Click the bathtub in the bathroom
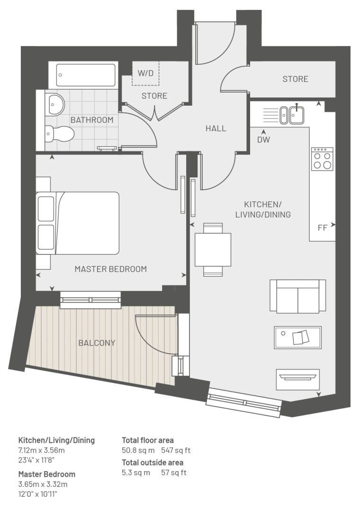(86, 75)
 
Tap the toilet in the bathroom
(59, 133)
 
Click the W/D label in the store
(145, 73)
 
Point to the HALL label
(216, 128)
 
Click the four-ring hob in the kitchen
(322, 159)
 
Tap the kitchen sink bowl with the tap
(297, 115)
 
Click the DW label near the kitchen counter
(263, 140)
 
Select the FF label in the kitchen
(322, 228)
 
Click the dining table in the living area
(213, 250)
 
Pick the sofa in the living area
(298, 296)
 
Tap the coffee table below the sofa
(297, 338)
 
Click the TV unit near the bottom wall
(297, 379)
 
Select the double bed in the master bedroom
(78, 223)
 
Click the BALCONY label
(97, 343)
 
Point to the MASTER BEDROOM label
(110, 269)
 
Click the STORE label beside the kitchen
(295, 79)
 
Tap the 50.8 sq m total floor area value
(138, 450)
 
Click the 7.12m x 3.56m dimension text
(41, 450)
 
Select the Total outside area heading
(153, 463)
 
